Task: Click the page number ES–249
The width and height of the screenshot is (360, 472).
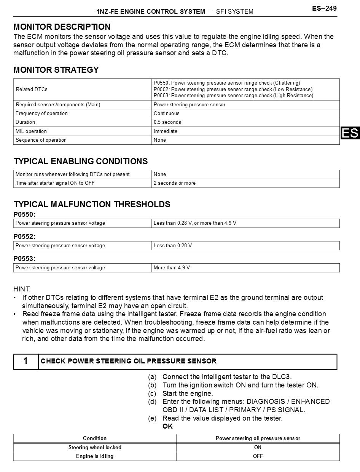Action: tap(324, 8)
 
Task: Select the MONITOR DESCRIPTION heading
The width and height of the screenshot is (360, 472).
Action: tap(62, 27)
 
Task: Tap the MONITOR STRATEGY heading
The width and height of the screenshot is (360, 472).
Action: tap(56, 70)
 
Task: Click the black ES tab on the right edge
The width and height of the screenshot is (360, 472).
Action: tap(350, 133)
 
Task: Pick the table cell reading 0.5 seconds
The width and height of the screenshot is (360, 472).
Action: tap(167, 122)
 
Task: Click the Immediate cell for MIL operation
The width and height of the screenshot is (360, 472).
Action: tap(166, 131)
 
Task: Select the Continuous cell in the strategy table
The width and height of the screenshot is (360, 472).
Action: tap(166, 114)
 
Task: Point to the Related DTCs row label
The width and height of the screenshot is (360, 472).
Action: tap(32, 90)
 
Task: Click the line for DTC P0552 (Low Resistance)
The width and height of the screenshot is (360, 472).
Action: tap(233, 90)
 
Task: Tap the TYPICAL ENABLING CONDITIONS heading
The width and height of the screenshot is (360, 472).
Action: tap(81, 162)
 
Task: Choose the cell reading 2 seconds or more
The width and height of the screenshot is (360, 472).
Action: tap(174, 183)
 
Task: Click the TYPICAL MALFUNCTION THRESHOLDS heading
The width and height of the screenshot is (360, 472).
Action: tap(92, 205)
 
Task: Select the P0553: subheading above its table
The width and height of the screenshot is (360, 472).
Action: tap(24, 259)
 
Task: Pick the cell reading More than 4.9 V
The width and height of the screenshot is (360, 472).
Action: tap(172, 268)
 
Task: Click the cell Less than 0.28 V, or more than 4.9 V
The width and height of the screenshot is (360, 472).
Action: tap(195, 223)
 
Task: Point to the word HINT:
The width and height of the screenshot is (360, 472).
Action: tap(22, 290)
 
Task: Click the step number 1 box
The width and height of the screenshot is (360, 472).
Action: tap(25, 361)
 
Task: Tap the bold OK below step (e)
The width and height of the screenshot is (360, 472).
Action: tap(167, 426)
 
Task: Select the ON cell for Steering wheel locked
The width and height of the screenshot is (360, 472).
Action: tap(258, 448)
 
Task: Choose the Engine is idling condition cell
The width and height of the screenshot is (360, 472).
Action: tap(95, 456)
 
